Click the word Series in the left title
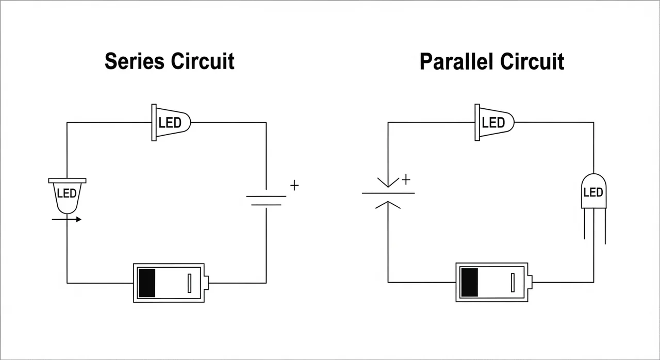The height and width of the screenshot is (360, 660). point(135,61)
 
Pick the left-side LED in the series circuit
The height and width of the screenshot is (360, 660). point(67,195)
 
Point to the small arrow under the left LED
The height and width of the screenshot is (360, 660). point(67,220)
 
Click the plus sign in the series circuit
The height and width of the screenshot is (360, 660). point(294,186)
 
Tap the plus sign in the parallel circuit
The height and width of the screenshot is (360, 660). point(406,179)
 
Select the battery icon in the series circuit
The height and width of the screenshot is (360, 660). point(170,283)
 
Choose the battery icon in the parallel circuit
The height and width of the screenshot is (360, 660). point(493,282)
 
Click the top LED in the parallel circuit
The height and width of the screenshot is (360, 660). point(494,123)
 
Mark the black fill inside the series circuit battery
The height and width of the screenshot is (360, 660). point(147,283)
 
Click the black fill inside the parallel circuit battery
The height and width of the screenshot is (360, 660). point(469,283)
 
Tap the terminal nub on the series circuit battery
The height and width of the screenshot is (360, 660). point(206,283)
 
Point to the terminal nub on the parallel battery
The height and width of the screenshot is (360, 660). point(530,283)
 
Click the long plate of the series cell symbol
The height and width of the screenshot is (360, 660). point(266,197)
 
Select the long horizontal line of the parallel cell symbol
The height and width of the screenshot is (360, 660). point(388,193)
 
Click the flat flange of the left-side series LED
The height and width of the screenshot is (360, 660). point(67,181)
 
